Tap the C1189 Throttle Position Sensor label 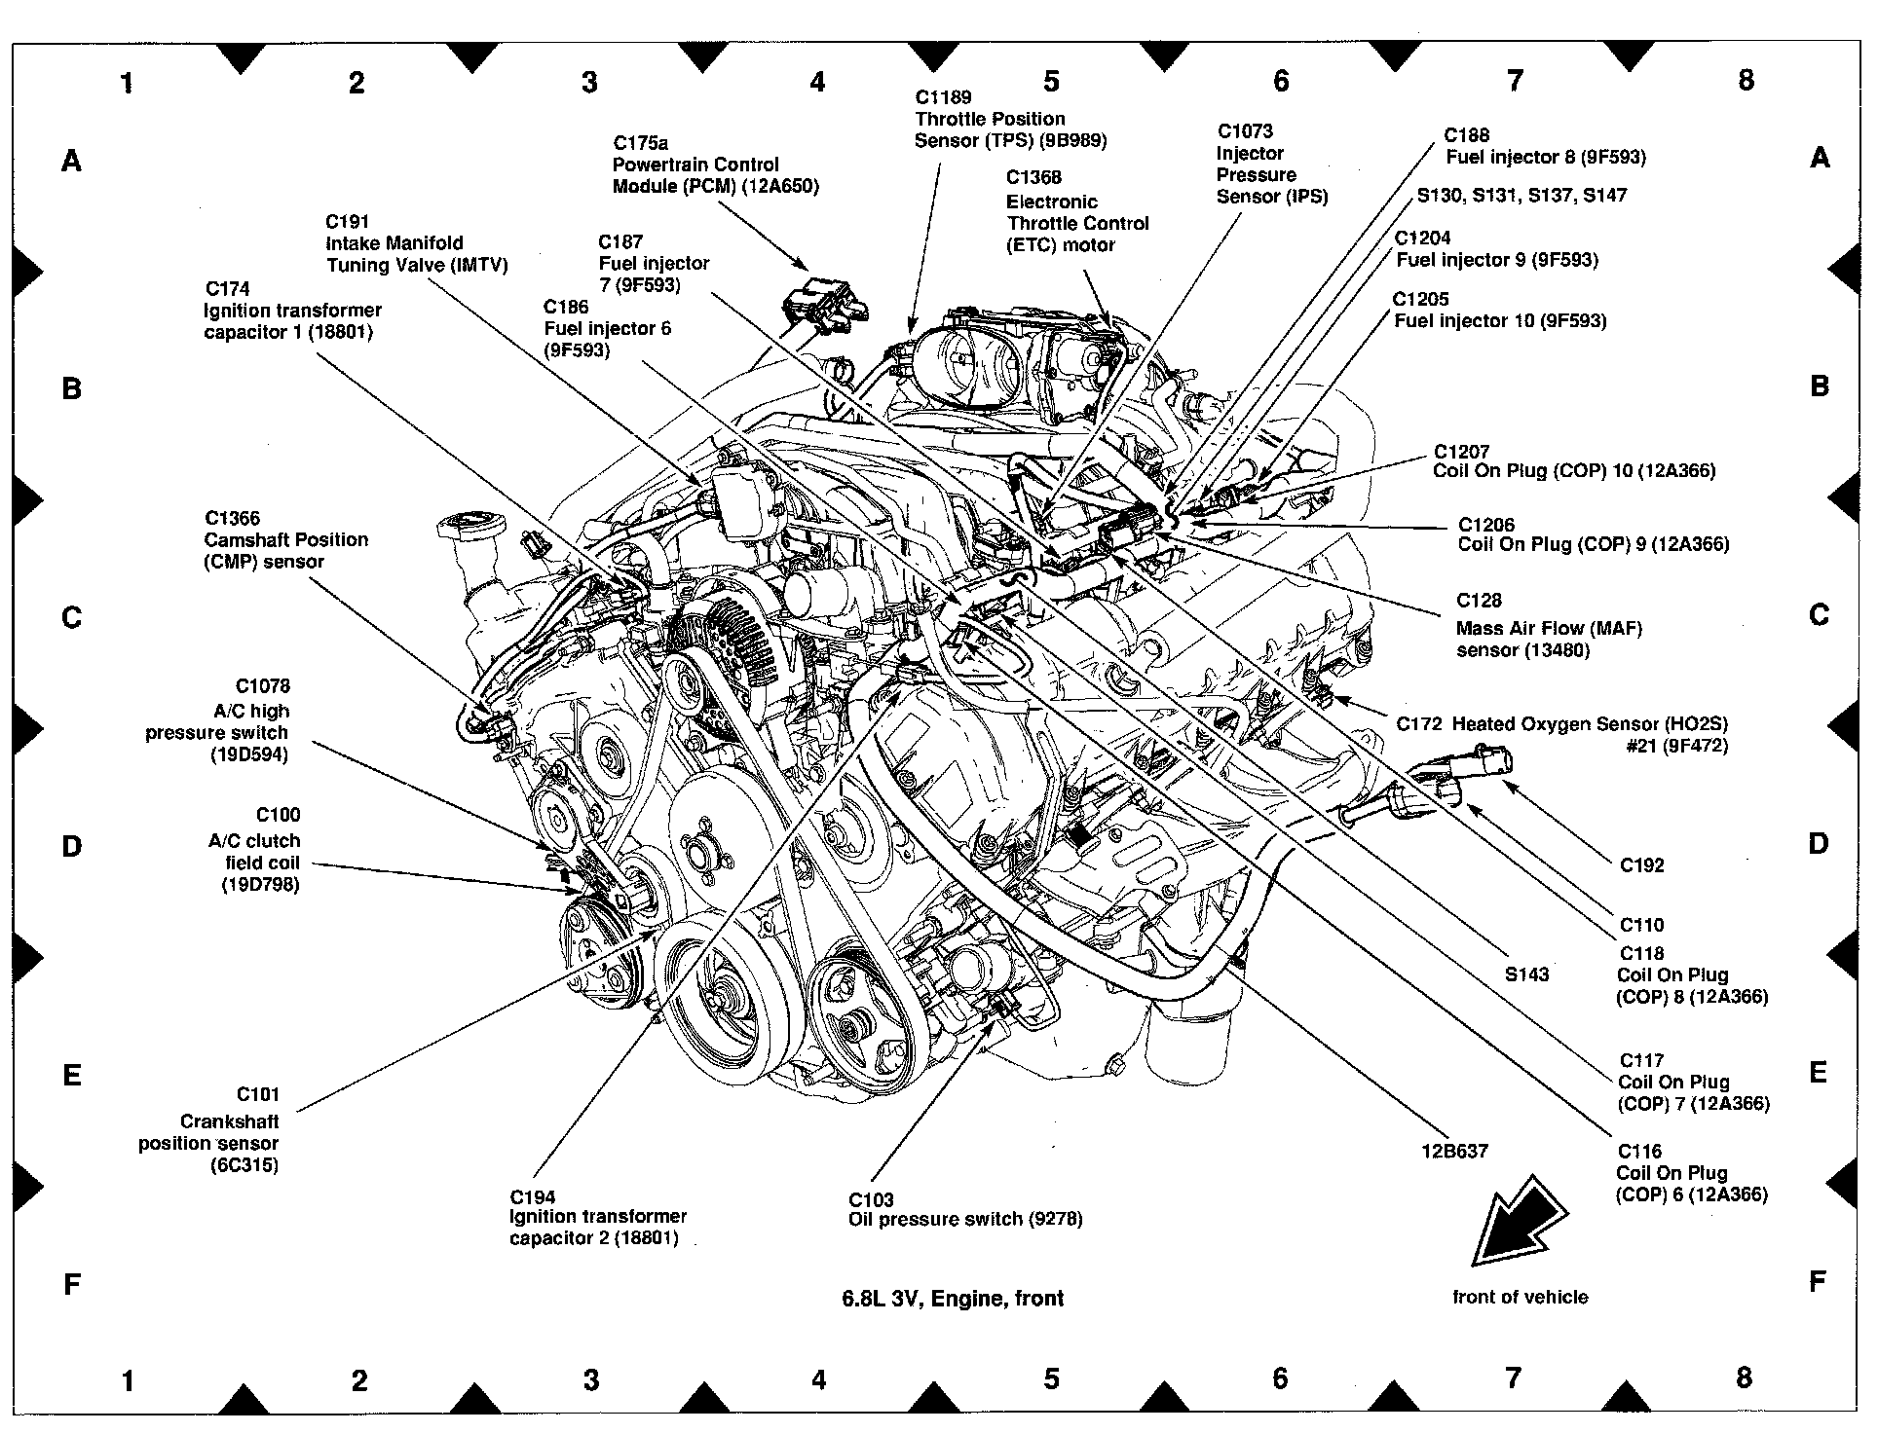1010,119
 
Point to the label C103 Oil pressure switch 965,1209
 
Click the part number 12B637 1454,1150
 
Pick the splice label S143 1526,974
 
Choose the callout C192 1642,864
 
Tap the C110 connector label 1642,925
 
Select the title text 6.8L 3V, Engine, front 953,1298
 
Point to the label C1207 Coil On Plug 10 1574,461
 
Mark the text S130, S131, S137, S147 1521,196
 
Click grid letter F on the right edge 1818,1282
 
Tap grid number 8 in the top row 1746,80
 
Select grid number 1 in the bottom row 128,1379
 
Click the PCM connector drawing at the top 826,303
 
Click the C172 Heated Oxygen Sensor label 1561,735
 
